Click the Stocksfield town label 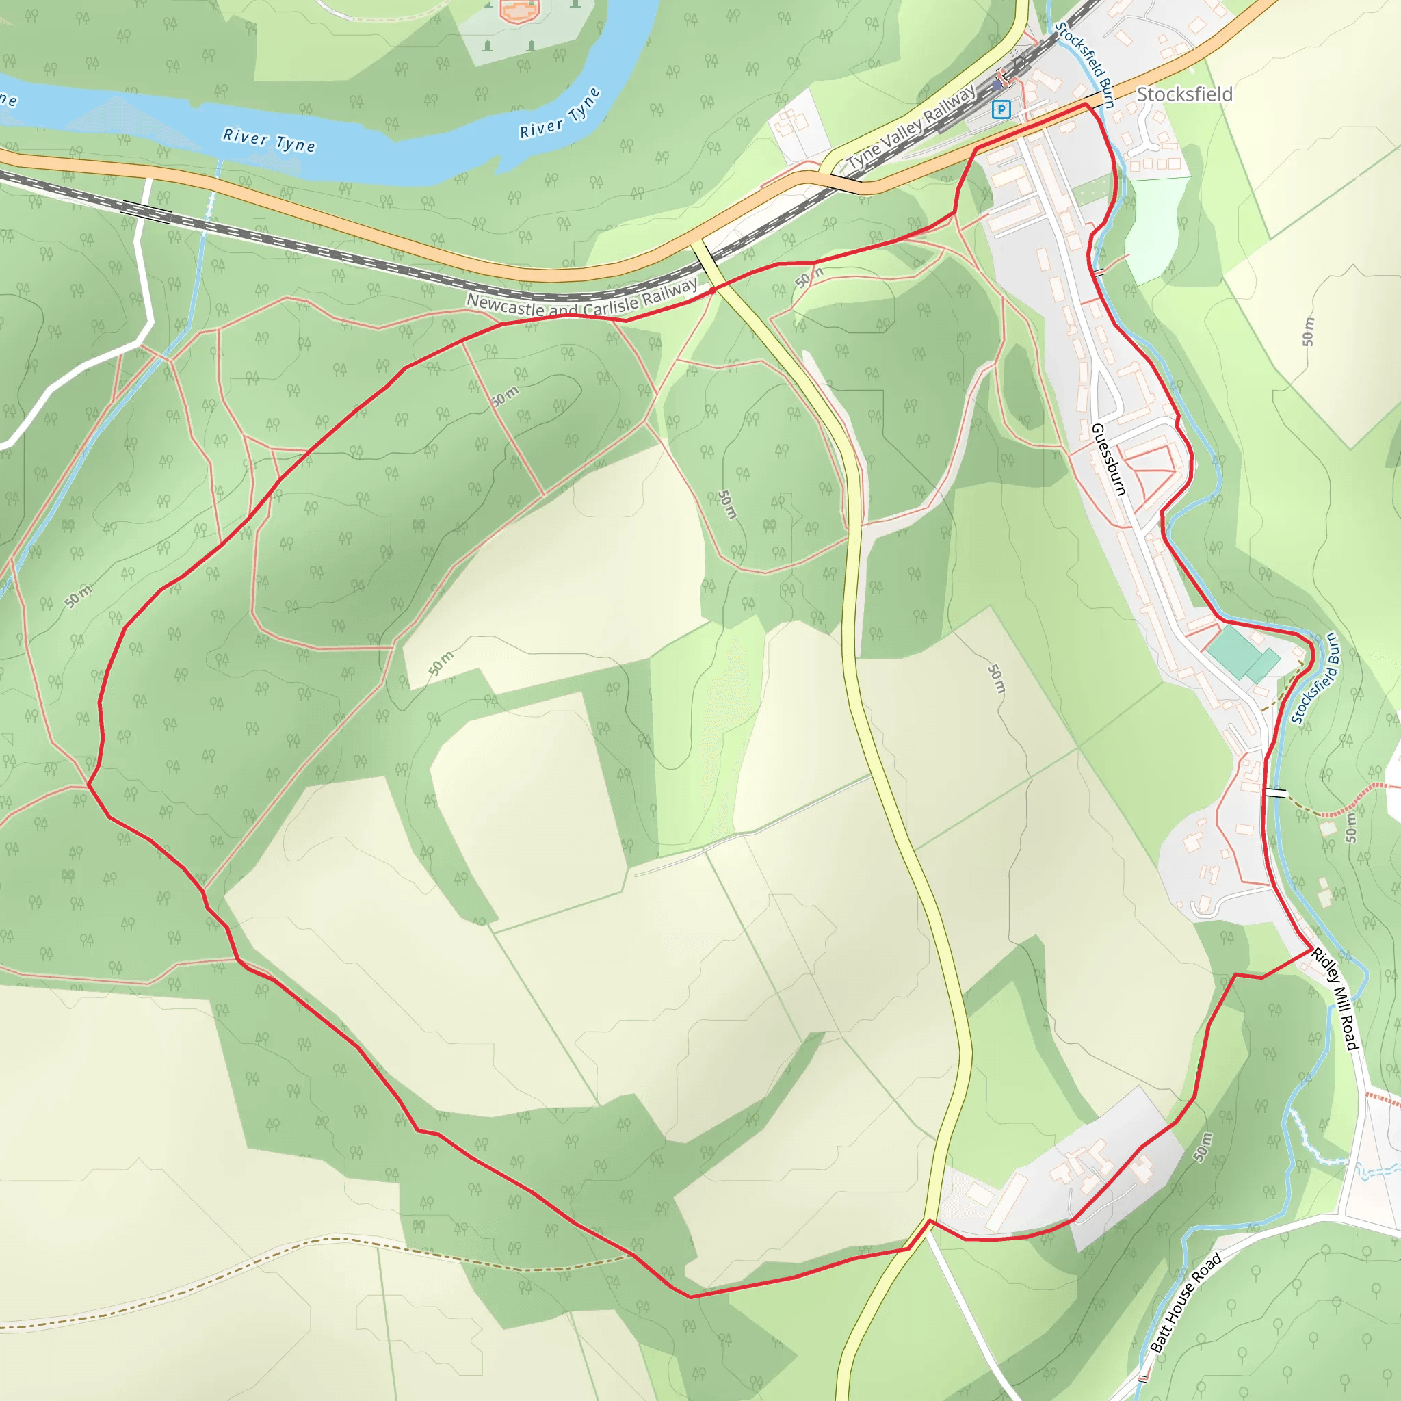coord(1183,94)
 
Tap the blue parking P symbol coord(1001,109)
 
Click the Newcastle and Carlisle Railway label coord(581,301)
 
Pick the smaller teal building coord(1264,665)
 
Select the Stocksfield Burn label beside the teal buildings coord(1315,678)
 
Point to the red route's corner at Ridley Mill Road coord(1310,950)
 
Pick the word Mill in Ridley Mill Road coord(1340,1001)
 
